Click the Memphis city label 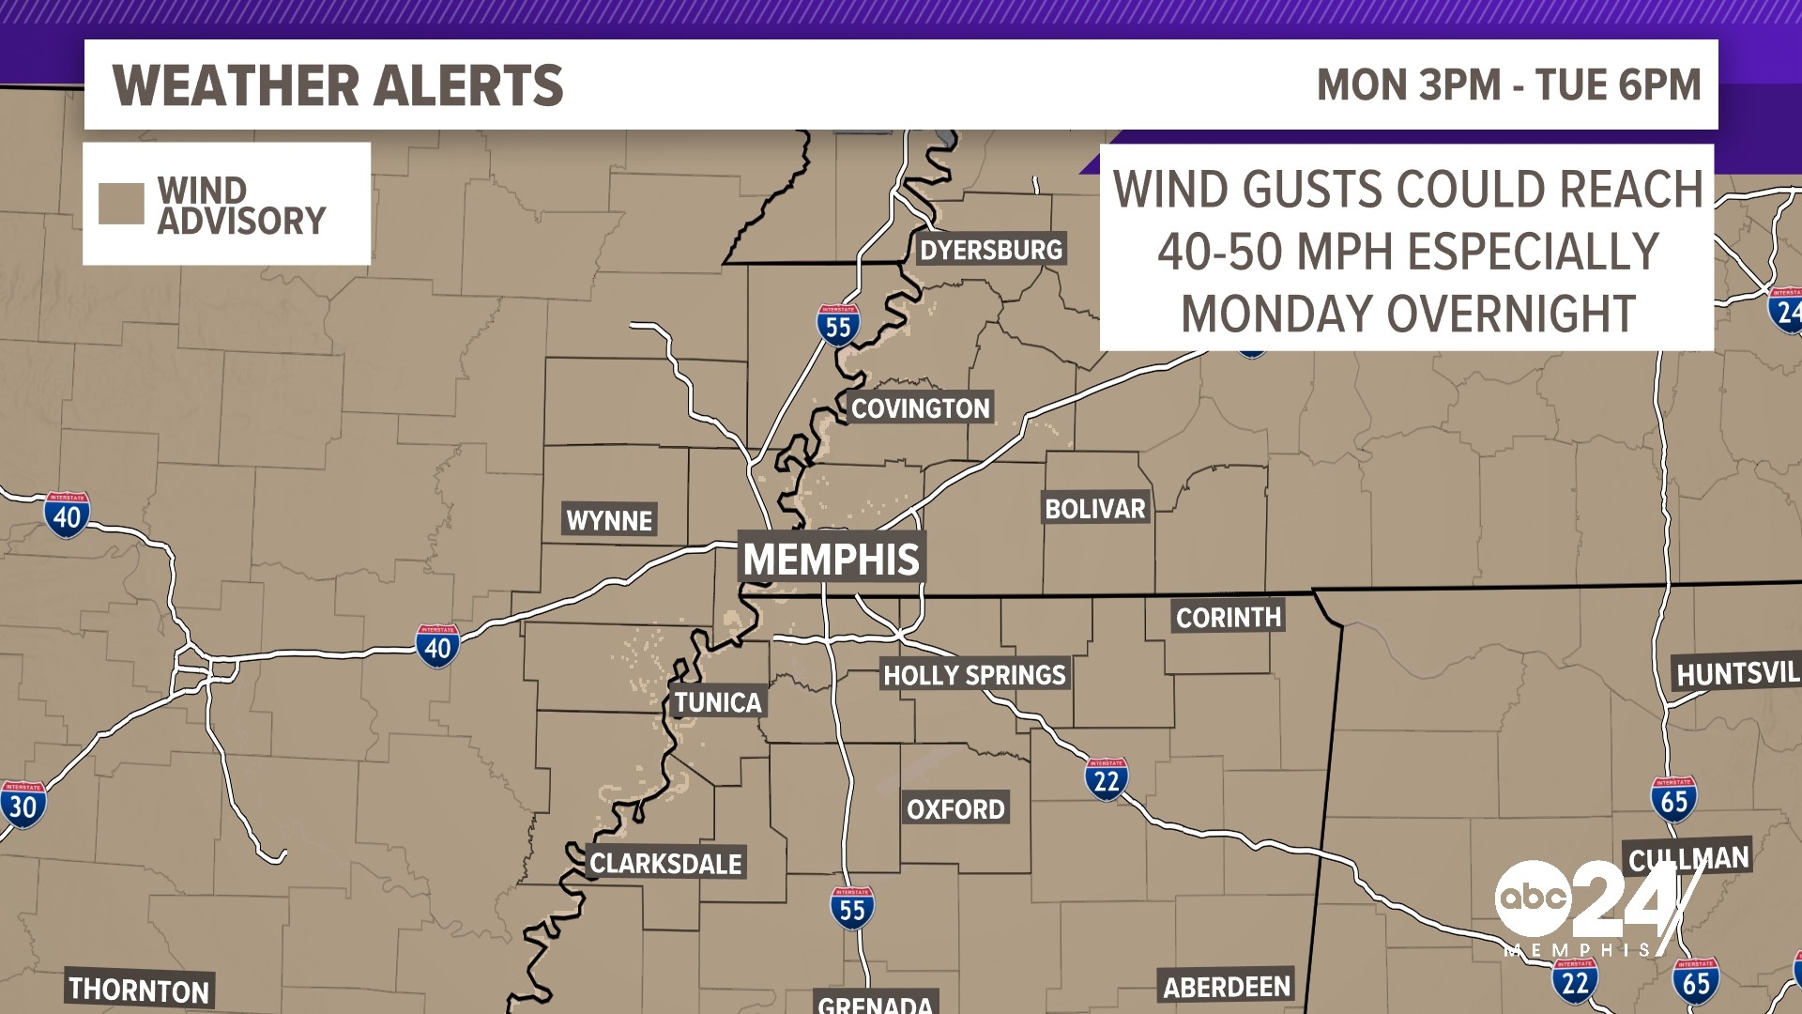coord(832,559)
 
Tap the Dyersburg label coord(991,250)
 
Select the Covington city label coord(920,408)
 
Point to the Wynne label coord(609,520)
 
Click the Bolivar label coord(1095,509)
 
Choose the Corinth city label coord(1229,617)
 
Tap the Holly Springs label coord(974,674)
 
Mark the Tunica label coord(718,702)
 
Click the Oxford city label coord(955,808)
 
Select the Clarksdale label coord(665,863)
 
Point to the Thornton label coord(139,990)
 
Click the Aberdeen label coord(1227,987)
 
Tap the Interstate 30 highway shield coord(23,805)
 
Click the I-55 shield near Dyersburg coord(838,325)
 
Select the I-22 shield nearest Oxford coord(1107,779)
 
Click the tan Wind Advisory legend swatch coord(121,204)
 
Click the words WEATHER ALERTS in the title coord(338,85)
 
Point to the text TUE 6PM coord(1618,85)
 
